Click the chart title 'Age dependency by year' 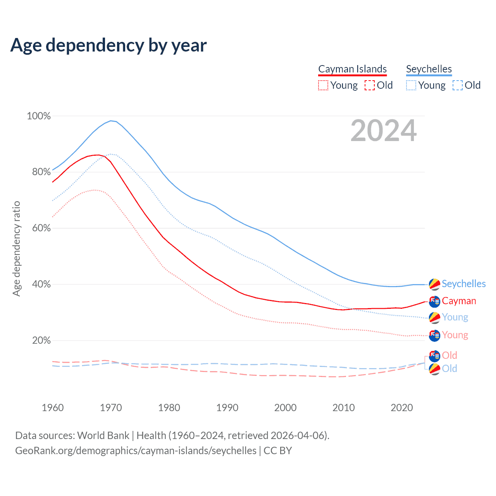tap(108, 45)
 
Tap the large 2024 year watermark tap(384, 131)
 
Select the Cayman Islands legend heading tap(352, 69)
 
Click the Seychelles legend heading tap(429, 69)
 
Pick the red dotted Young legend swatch tap(323, 85)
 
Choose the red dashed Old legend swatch tap(370, 85)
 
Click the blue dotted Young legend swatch tap(411, 85)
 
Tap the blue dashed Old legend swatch tap(458, 85)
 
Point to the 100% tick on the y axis tap(39, 116)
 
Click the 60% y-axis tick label tap(41, 228)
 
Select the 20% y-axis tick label tap(41, 340)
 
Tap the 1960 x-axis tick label tap(53, 408)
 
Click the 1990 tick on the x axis tap(227, 408)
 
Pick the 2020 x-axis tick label tap(402, 408)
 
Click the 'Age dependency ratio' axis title tap(16, 248)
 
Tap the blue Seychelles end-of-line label tap(463, 284)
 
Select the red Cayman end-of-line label tap(459, 301)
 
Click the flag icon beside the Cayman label tap(435, 301)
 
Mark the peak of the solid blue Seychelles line tap(111, 121)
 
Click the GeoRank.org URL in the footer tap(136, 451)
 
